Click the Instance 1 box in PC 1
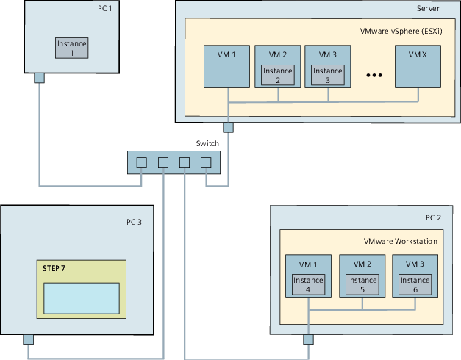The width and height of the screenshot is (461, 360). click(x=72, y=48)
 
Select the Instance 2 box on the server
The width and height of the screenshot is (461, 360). click(x=278, y=76)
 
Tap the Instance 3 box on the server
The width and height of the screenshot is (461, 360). click(x=328, y=76)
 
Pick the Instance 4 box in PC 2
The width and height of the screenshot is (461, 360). click(x=308, y=285)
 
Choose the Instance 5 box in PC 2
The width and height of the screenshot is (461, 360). click(x=362, y=285)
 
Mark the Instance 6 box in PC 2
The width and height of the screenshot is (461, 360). click(x=415, y=285)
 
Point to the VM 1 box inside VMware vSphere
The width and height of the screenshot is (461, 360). click(x=227, y=66)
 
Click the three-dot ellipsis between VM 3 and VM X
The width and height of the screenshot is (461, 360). click(x=375, y=76)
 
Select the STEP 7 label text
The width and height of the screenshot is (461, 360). click(x=54, y=270)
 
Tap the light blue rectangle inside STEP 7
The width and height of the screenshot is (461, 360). click(x=82, y=298)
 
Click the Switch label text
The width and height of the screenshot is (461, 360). click(x=207, y=143)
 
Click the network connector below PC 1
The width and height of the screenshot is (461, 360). click(x=40, y=78)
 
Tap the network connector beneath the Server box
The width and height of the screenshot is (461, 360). click(x=228, y=127)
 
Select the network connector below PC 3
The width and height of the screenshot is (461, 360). click(x=28, y=339)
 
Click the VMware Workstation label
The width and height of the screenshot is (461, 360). click(x=401, y=241)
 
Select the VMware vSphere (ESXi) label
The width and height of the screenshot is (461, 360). click(x=399, y=32)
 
